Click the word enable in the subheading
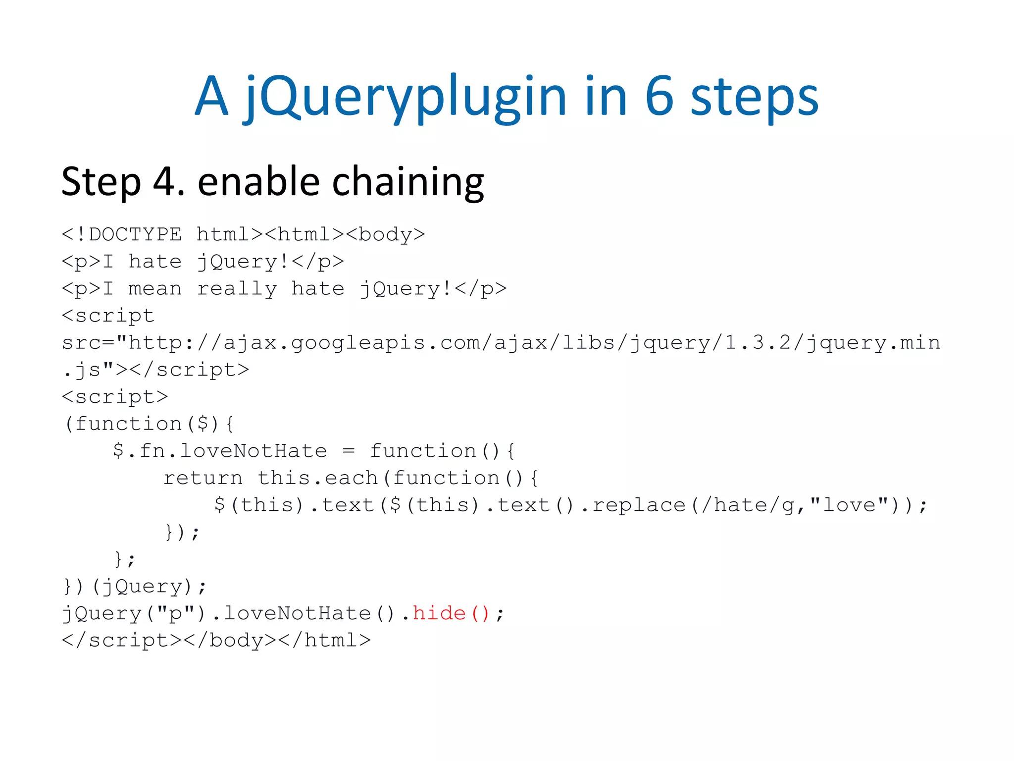tap(258, 182)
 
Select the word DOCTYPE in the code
tap(135, 234)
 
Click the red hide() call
tap(451, 613)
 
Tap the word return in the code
tap(203, 478)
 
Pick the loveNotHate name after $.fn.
tap(253, 451)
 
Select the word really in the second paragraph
tap(237, 289)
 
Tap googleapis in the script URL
tap(358, 343)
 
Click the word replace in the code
tap(639, 505)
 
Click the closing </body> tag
tap(230, 640)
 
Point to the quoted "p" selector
tap(175, 613)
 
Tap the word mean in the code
tap(155, 289)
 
